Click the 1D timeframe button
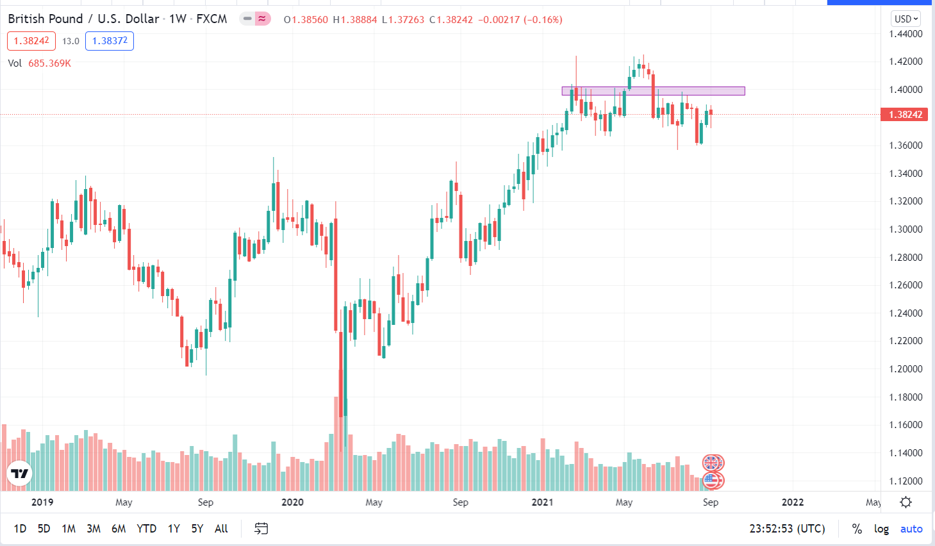20,529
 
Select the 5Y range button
197,529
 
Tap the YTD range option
146,529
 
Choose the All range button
221,529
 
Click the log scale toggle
881,529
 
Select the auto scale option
911,529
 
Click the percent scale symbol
857,529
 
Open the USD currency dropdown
906,19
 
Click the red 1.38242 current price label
906,115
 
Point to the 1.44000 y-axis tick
906,34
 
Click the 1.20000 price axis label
906,369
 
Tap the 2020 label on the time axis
292,502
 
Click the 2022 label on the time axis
793,502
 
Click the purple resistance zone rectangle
653,91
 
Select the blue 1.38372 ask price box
110,41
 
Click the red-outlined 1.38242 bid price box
31,41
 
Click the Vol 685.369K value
49,63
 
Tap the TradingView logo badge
19,474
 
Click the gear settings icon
906,502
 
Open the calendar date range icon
261,529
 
